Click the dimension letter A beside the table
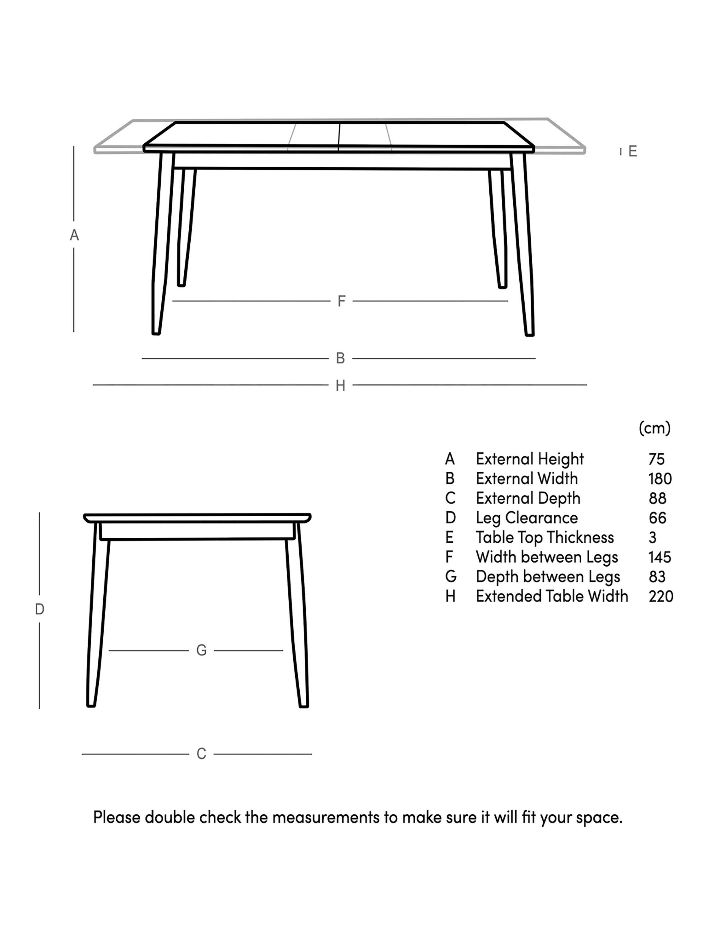74,235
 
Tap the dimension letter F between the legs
341,301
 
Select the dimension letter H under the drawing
340,386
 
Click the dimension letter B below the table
340,358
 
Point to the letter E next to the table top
632,151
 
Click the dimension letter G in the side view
201,650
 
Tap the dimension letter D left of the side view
39,609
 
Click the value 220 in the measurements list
660,596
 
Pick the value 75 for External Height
656,459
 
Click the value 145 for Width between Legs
660,557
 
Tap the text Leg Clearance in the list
527,518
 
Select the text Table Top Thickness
545,537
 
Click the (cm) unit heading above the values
654,428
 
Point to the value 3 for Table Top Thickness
652,537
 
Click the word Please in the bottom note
117,817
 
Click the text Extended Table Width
552,596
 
